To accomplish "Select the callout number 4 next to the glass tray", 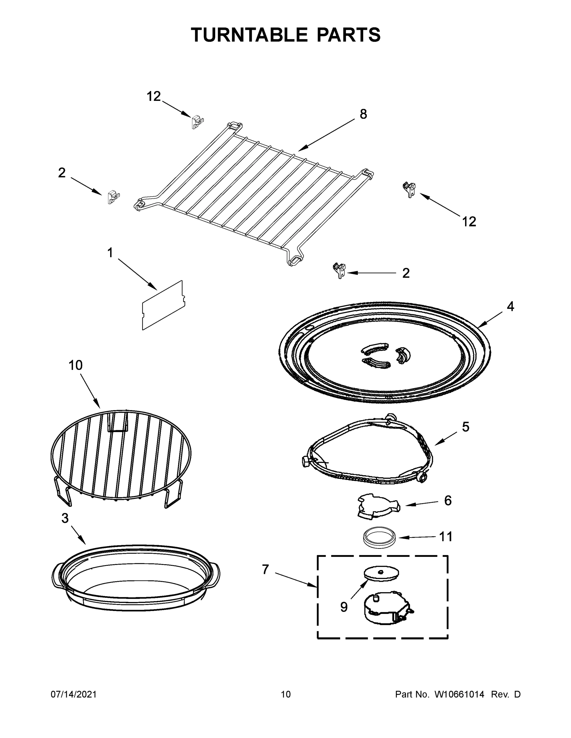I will coord(510,307).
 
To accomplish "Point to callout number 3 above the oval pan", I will coord(65,518).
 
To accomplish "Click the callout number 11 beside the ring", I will coord(445,537).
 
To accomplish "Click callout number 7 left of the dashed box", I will coord(265,569).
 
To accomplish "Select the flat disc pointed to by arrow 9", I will coord(381,573).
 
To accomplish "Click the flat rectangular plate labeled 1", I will coord(163,305).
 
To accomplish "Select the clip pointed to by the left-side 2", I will coord(113,197).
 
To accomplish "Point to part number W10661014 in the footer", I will coord(459,694).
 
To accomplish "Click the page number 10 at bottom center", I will coord(286,694).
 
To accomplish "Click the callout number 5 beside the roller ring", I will coord(465,427).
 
